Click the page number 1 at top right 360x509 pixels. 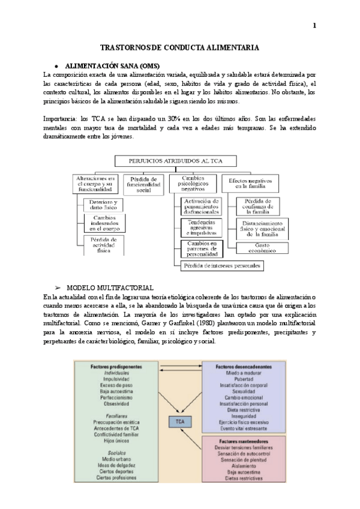[x=314, y=25]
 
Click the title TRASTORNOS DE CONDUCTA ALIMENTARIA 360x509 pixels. [x=179, y=47]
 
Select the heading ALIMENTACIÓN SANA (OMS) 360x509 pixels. [x=111, y=65]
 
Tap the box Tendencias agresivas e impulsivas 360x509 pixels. [x=202, y=228]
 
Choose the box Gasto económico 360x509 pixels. [x=261, y=248]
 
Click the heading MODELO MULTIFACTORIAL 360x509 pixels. [x=109, y=288]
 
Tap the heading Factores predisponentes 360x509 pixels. [x=116, y=366]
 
